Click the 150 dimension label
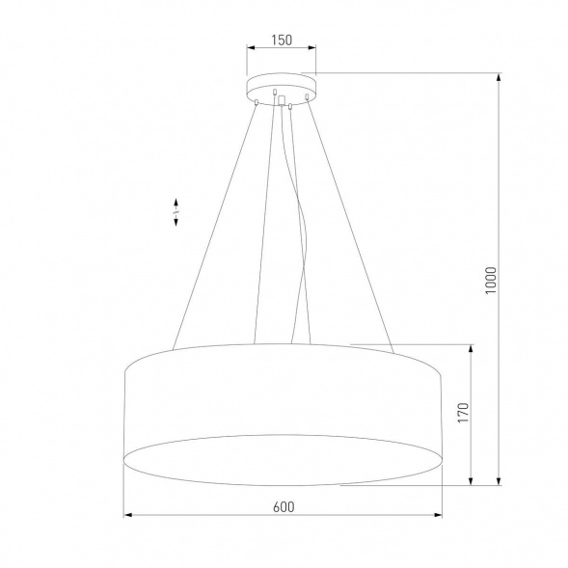tap(281, 40)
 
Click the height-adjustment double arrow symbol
tap(176, 213)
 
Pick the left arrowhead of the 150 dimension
tap(251, 49)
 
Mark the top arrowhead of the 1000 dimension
tap(499, 78)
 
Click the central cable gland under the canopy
tap(281, 99)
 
